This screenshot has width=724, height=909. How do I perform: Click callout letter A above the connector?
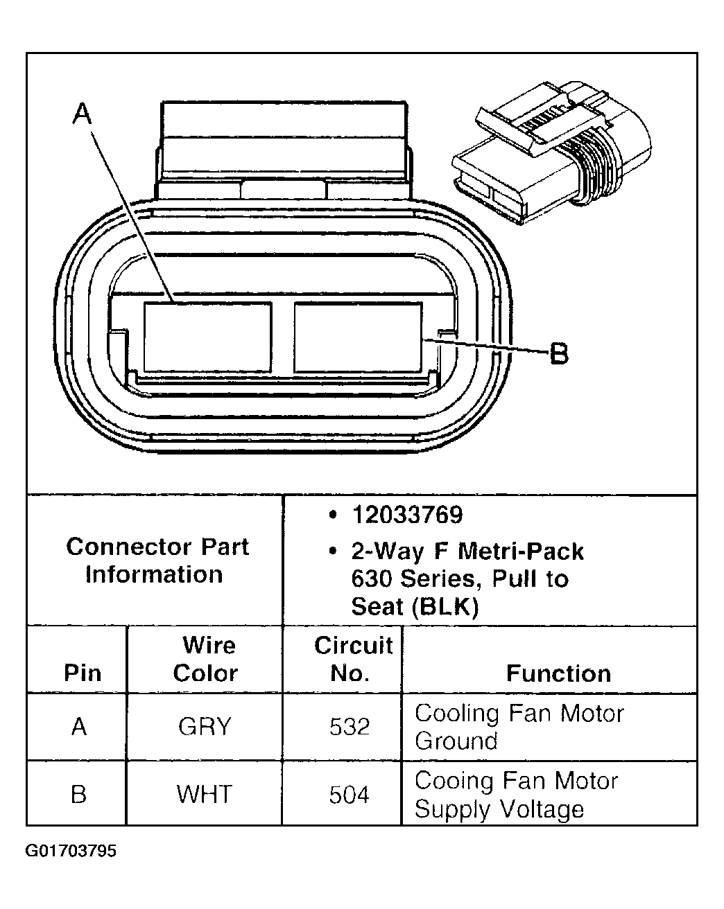(x=83, y=114)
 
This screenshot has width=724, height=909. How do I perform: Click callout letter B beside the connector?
(x=559, y=355)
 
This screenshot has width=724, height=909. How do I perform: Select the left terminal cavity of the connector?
(x=207, y=336)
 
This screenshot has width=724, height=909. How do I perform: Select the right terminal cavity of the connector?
(x=358, y=336)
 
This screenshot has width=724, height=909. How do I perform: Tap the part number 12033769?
(x=407, y=515)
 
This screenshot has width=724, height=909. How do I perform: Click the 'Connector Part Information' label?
(x=157, y=561)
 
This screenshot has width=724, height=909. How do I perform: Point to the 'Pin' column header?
(x=83, y=673)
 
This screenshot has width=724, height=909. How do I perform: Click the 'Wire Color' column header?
(x=206, y=659)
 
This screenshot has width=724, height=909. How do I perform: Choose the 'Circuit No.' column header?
(x=353, y=659)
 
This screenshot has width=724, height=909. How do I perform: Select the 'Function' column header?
(x=558, y=673)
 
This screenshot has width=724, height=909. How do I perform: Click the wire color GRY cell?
(x=205, y=727)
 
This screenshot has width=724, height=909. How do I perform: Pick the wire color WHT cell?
(x=205, y=794)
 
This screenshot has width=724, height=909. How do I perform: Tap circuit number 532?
(x=349, y=727)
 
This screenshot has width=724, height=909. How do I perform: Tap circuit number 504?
(x=349, y=794)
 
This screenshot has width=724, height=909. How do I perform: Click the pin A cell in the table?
(x=80, y=727)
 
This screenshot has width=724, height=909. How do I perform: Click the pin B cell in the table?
(x=80, y=794)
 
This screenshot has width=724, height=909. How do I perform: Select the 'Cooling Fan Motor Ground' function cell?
(x=519, y=727)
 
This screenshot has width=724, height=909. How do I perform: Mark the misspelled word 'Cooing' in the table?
(x=454, y=782)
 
